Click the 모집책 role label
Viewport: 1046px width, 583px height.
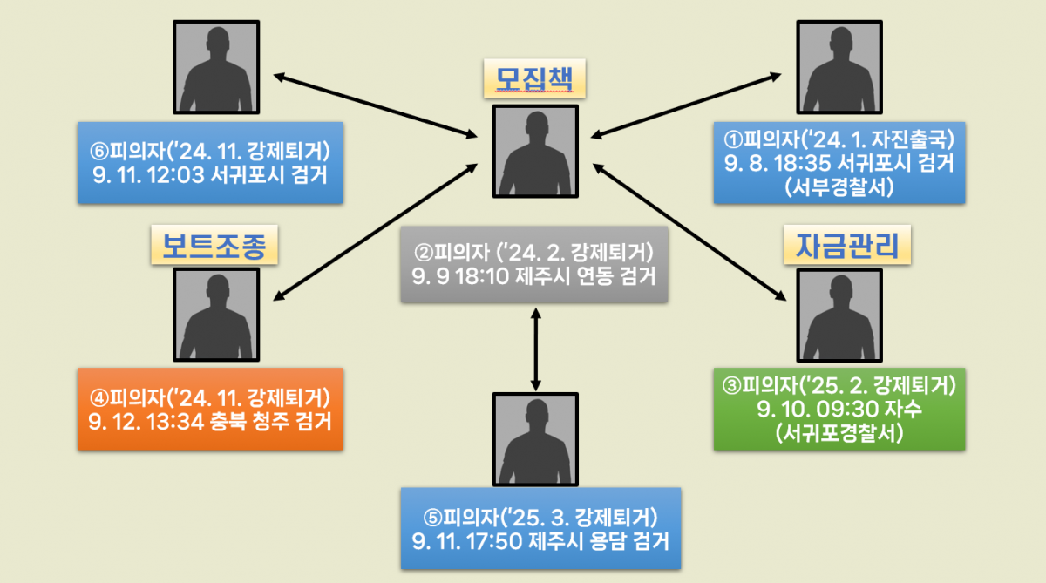click(x=534, y=81)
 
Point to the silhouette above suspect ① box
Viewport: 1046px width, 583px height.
click(x=839, y=65)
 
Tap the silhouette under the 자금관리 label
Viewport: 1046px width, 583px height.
click(x=839, y=314)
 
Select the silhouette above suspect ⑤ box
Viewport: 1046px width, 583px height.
click(x=534, y=437)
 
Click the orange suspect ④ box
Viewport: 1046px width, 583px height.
click(x=209, y=410)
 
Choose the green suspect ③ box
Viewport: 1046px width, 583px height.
click(x=839, y=410)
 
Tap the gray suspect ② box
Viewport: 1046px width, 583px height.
click(x=534, y=264)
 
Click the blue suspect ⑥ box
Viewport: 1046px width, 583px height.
click(x=209, y=160)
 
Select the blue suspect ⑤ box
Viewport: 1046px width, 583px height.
click(x=540, y=529)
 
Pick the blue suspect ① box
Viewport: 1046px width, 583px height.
click(x=839, y=160)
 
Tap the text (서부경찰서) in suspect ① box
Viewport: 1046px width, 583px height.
click(x=839, y=185)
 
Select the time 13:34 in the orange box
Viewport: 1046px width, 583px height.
click(x=174, y=423)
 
